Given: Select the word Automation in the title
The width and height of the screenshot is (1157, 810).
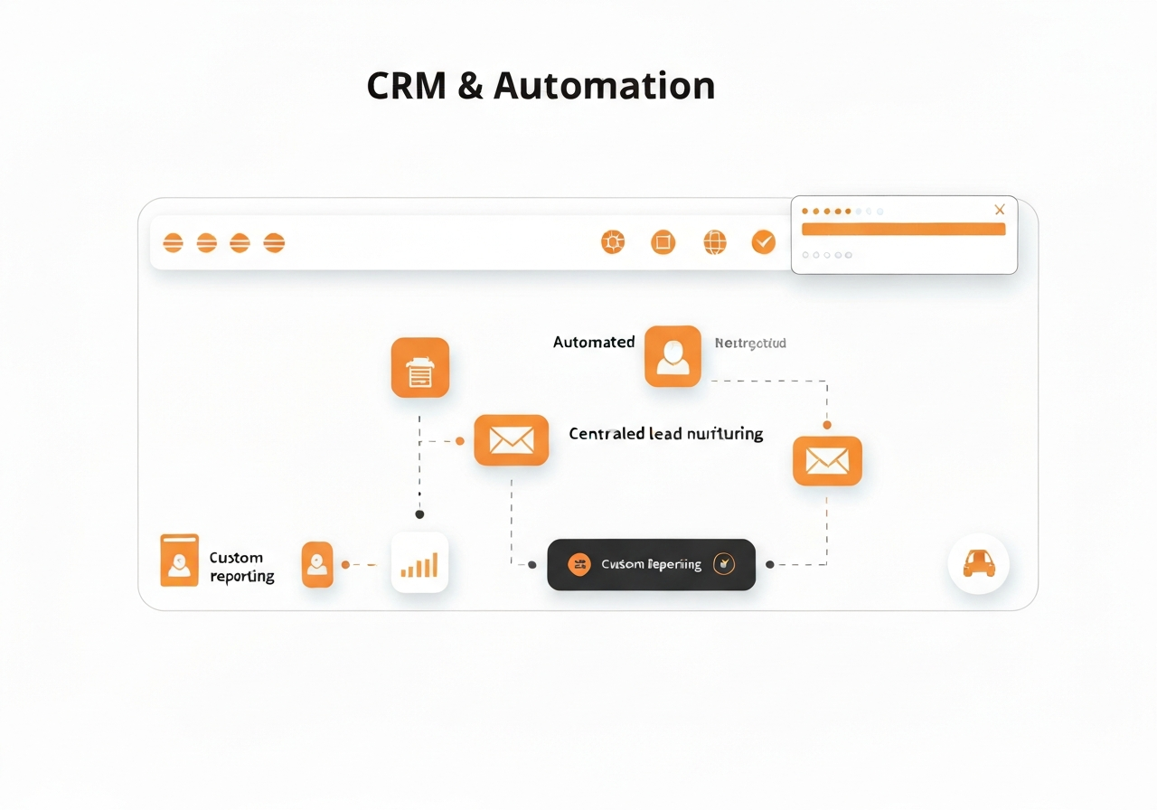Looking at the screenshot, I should (605, 86).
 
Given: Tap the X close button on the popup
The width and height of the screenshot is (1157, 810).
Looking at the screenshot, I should (999, 210).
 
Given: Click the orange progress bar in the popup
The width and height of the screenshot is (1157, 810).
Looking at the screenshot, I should (903, 230).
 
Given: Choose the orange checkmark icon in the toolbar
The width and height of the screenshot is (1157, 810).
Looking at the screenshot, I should (764, 241).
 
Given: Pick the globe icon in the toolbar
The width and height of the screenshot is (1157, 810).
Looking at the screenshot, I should (715, 241).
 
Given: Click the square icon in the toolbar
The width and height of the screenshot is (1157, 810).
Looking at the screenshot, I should (663, 241).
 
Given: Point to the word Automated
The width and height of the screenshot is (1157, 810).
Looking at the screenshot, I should (594, 343).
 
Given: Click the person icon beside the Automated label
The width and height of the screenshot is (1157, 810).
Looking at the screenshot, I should (673, 356).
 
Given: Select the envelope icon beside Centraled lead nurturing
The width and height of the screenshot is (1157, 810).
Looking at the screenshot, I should (511, 440).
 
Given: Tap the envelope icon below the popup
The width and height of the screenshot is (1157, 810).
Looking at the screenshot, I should (827, 461).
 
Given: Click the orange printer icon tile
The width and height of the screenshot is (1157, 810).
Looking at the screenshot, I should (419, 368).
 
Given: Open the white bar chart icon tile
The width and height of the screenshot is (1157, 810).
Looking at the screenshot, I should (419, 563).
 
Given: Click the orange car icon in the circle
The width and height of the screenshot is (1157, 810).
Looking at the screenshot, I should (978, 563).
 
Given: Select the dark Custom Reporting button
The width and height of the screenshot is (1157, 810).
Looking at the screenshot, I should (651, 565).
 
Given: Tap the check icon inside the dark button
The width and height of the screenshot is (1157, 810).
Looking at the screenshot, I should (724, 564).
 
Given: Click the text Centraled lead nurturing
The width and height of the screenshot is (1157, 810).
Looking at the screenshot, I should (665, 434).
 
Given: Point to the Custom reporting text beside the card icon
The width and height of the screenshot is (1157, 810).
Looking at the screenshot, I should (240, 567).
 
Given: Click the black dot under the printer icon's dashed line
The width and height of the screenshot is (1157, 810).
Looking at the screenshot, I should (419, 514).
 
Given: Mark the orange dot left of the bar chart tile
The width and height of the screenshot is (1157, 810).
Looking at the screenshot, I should (345, 564).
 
